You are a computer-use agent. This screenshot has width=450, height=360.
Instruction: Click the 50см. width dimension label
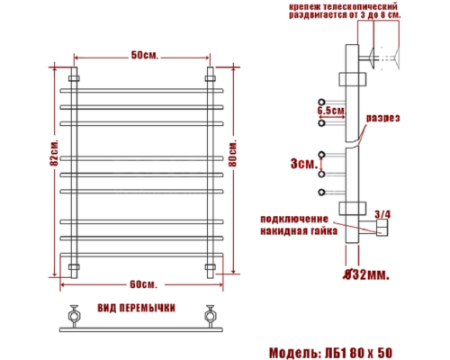[x=144, y=56]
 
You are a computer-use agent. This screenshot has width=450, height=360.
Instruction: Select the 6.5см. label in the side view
[x=331, y=110]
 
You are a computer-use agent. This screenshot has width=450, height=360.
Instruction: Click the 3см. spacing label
[x=303, y=164]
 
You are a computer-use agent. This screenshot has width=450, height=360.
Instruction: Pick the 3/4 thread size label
[x=382, y=213]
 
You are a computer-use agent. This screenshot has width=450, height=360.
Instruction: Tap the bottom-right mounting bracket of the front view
[x=211, y=267]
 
